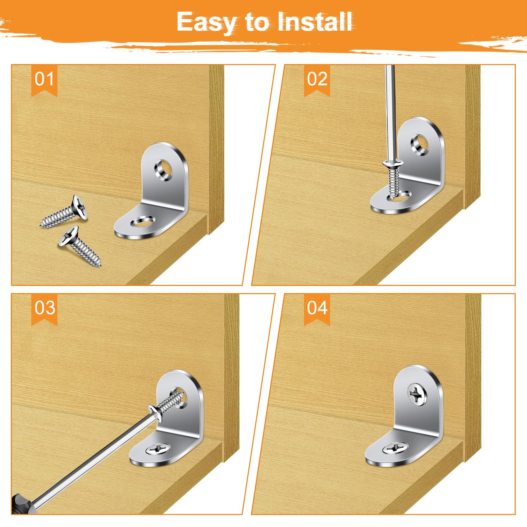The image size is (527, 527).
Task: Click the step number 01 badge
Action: [x=44, y=80]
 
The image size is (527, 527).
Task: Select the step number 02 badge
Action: [x=317, y=80]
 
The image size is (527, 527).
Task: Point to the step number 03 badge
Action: [x=44, y=309]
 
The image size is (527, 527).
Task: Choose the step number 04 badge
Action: [x=317, y=309]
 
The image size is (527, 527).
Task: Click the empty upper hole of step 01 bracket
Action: [x=163, y=170]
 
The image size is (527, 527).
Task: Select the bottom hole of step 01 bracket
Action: [x=143, y=221]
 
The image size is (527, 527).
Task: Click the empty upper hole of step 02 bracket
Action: [x=420, y=144]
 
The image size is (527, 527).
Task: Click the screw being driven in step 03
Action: [x=166, y=403]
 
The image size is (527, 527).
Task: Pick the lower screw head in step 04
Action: [x=395, y=448]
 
